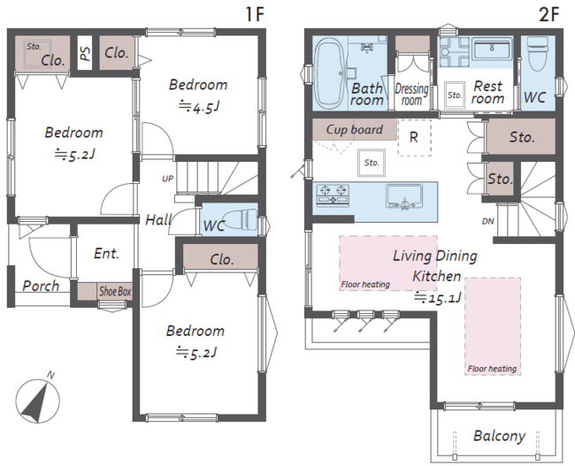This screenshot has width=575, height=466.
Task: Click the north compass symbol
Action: click(x=37, y=401)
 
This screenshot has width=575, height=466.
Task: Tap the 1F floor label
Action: click(x=255, y=14)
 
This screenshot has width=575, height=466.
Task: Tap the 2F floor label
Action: click(x=549, y=14)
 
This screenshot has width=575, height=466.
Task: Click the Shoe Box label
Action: click(x=115, y=292)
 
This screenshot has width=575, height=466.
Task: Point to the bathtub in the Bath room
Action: click(x=330, y=74)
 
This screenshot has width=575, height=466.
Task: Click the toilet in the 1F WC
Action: click(x=240, y=219)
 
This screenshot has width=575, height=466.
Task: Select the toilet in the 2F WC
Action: click(x=537, y=54)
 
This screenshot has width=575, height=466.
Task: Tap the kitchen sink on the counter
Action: click(x=404, y=196)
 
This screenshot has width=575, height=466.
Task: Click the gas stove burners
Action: click(x=333, y=195)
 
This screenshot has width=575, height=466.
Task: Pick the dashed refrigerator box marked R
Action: click(x=414, y=137)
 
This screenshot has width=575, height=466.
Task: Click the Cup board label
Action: click(x=354, y=129)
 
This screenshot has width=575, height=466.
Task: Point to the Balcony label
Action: click(x=500, y=436)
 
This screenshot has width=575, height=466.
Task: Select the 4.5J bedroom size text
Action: click(x=200, y=107)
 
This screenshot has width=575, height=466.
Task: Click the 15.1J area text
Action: click(x=438, y=298)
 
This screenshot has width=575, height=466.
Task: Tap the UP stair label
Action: click(x=167, y=179)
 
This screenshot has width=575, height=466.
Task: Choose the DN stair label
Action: click(x=487, y=221)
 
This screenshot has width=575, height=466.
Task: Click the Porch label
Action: click(x=41, y=286)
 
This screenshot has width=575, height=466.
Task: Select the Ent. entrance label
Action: click(x=106, y=254)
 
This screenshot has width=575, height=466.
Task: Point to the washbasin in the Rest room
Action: click(x=492, y=50)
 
